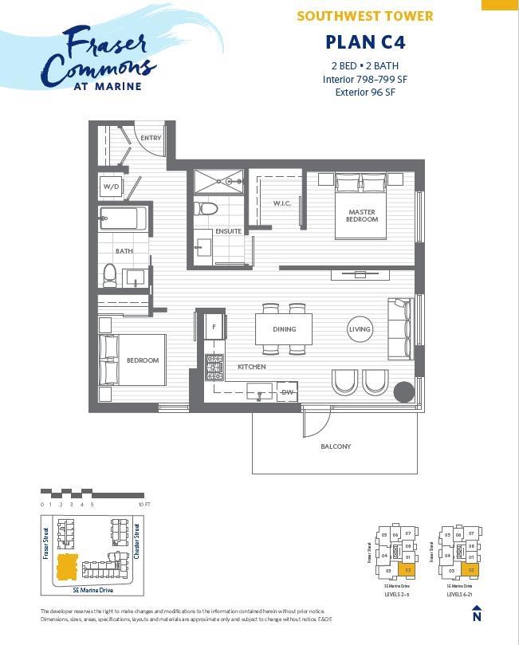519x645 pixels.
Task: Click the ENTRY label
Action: pos(151,138)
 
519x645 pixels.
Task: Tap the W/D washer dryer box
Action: pos(110,187)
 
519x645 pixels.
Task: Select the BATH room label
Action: pos(124,251)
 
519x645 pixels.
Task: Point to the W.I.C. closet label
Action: pos(282,203)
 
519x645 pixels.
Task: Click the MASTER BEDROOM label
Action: pos(362,215)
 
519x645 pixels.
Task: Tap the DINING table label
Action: pos(284,328)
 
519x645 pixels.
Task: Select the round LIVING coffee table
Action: pos(360,329)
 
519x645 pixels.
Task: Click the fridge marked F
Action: pos(214,327)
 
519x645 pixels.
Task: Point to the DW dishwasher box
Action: pos(287,392)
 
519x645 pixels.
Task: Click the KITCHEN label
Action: pos(251,367)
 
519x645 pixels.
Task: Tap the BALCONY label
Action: pos(336,446)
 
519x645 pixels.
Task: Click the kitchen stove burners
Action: pos(214,368)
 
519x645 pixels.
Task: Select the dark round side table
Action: pos(403,391)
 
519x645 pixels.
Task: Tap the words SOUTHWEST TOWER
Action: pos(365,16)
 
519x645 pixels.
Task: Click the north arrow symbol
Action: pos(477,613)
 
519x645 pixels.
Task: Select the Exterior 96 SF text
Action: pos(365,92)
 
